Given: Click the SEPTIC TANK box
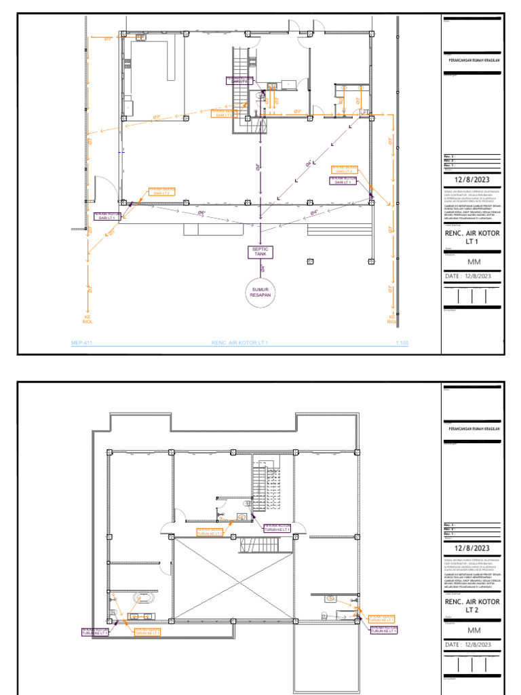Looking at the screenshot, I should pos(260,252).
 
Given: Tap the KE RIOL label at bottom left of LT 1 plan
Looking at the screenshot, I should pos(87,320).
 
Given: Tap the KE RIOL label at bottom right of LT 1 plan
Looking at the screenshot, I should pos(391,320).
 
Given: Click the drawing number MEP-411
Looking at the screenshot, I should pos(81,343).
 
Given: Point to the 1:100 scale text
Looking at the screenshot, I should pos(402,343).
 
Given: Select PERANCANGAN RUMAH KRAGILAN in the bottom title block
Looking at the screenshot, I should pos(474,429).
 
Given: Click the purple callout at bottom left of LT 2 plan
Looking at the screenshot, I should pos(96,633).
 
